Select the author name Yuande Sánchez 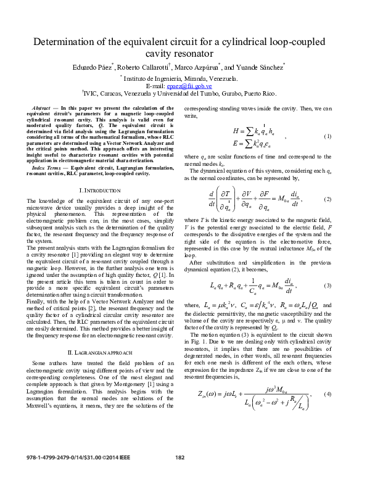[x=258, y=66]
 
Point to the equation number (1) [x=328, y=136]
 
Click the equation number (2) [x=328, y=200]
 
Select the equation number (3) [x=328, y=286]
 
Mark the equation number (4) [x=328, y=394]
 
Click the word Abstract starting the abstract [x=41, y=108]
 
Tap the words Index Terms [x=46, y=168]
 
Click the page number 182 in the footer [x=181, y=474]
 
